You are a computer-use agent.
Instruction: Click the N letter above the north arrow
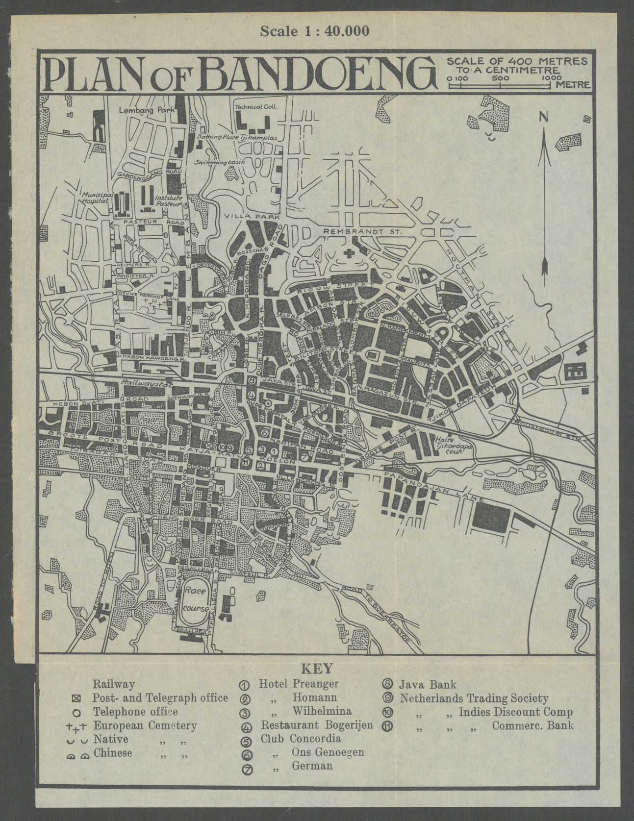coord(543,116)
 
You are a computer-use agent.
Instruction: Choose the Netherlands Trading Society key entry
coord(474,697)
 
